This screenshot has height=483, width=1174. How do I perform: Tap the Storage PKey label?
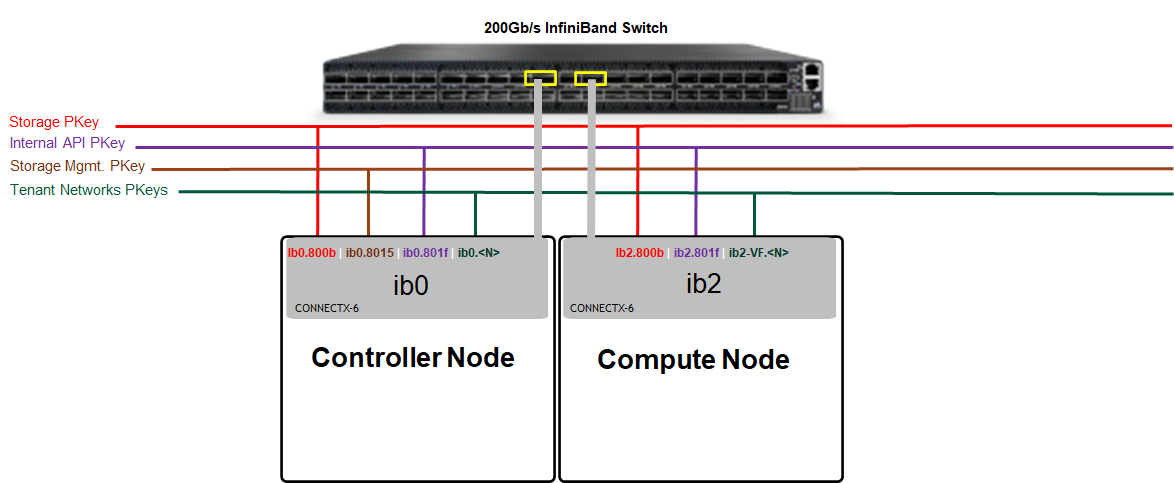(54, 122)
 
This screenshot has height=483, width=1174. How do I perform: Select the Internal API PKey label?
(67, 143)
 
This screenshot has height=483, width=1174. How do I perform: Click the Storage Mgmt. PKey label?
(78, 166)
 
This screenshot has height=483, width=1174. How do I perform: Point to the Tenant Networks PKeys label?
(89, 190)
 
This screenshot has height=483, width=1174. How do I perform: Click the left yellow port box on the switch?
(541, 77)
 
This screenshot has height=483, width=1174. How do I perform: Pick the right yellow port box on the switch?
(591, 77)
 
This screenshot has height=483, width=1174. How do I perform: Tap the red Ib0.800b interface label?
(311, 253)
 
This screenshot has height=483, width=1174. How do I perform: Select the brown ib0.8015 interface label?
(370, 253)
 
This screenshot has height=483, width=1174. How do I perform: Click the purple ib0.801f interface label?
(426, 253)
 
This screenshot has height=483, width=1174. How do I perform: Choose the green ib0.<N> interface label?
(478, 253)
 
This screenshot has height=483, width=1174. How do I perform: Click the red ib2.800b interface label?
(639, 253)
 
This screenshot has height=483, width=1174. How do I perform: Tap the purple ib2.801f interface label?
(696, 253)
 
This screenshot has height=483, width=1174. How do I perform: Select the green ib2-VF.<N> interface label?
(758, 253)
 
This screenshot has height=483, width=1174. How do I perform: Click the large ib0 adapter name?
(411, 286)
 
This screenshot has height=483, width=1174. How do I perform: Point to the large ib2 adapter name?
(703, 283)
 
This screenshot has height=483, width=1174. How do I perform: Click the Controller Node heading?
(413, 357)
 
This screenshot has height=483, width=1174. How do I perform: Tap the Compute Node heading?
(693, 359)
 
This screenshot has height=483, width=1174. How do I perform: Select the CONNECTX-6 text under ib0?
(327, 308)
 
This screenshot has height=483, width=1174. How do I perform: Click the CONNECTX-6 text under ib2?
(602, 308)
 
